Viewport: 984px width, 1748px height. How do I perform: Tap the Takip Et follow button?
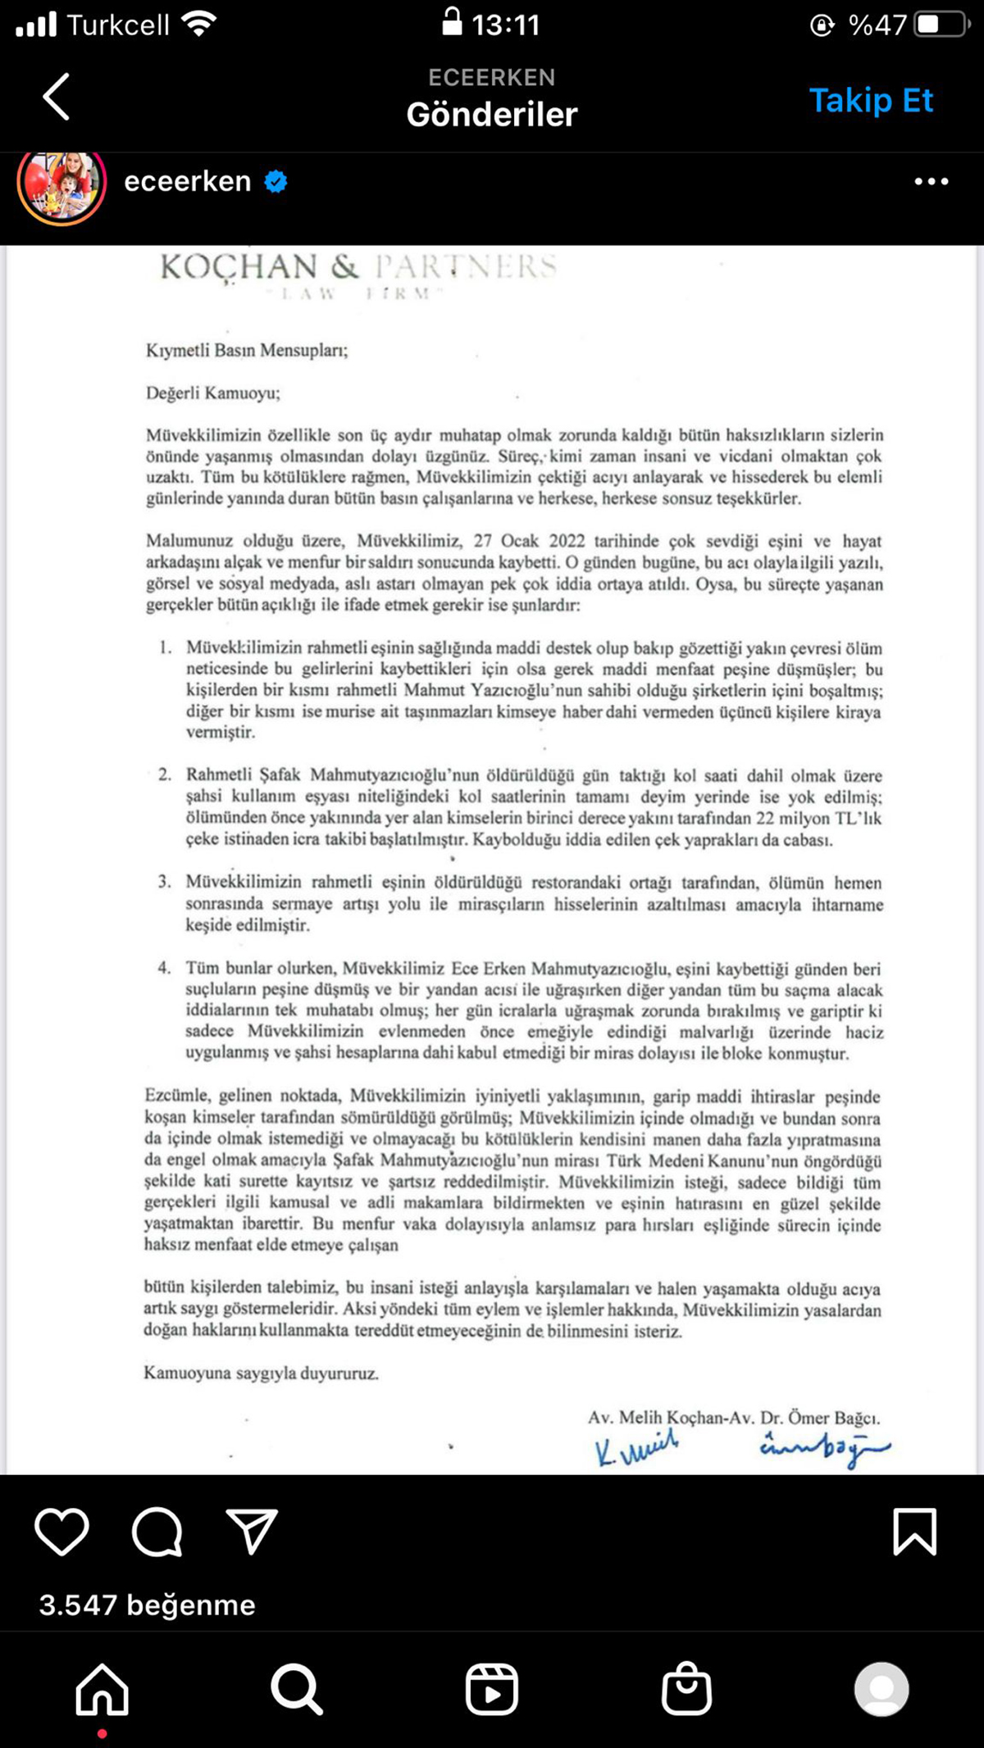coord(871,100)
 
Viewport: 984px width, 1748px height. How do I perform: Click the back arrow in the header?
coord(56,97)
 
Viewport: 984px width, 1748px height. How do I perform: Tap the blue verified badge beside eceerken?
coord(276,181)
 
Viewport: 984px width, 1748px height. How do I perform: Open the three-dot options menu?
coord(932,181)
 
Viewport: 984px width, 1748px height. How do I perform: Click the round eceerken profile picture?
coord(61,184)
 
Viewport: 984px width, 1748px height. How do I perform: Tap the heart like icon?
coord(61,1532)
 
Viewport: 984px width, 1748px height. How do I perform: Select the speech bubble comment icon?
coord(157,1532)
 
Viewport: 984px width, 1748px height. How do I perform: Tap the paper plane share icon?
coord(252,1532)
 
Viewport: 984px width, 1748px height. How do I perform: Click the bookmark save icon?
coord(914,1532)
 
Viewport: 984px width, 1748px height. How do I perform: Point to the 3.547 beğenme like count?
coord(148,1605)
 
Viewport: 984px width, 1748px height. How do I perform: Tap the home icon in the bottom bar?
coord(102,1689)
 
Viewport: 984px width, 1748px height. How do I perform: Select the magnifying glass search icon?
coord(296,1689)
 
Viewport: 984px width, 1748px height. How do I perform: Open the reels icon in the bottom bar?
coord(491,1689)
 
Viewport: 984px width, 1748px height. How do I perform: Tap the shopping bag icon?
coord(686,1689)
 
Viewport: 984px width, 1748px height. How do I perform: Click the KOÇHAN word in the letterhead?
coord(239,267)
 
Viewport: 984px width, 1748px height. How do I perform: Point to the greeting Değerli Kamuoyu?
coord(213,393)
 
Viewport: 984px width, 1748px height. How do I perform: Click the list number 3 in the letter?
coord(165,883)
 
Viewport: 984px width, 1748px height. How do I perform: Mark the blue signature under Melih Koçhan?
coord(636,1448)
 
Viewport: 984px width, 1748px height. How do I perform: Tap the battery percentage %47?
coord(877,25)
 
